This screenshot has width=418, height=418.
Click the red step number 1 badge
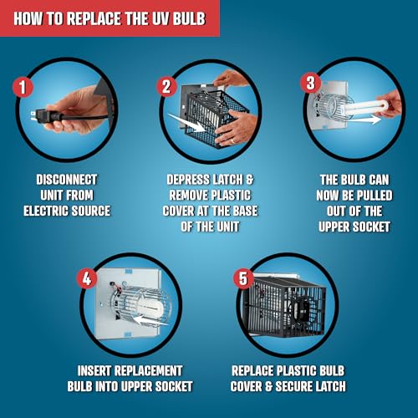click(x=23, y=87)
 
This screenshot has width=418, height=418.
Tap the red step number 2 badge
click(x=166, y=87)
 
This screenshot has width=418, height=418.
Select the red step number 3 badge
click(x=310, y=83)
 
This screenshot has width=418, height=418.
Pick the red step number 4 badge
click(x=87, y=278)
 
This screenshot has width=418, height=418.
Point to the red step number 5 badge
click(x=243, y=278)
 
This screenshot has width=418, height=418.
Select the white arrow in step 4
click(x=150, y=320)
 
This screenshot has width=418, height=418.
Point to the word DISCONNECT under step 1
click(x=67, y=180)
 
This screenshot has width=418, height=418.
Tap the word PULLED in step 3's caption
click(x=375, y=196)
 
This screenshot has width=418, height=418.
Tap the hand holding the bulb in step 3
click(x=389, y=104)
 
